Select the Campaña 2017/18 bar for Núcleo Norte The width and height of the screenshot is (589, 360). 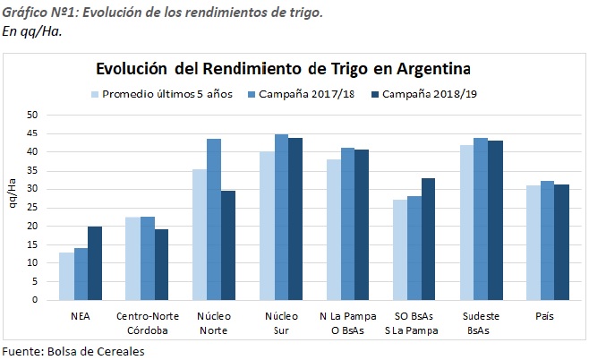click(x=214, y=219)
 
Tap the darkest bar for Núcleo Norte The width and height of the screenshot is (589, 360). click(x=228, y=245)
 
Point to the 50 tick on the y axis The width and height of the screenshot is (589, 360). click(x=31, y=115)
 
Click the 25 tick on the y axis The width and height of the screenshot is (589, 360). click(x=31, y=207)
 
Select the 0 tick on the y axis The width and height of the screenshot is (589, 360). click(x=34, y=299)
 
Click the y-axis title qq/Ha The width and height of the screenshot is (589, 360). click(x=13, y=207)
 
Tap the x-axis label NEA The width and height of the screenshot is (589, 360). click(x=81, y=316)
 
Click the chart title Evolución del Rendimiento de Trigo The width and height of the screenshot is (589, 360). click(x=283, y=69)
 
